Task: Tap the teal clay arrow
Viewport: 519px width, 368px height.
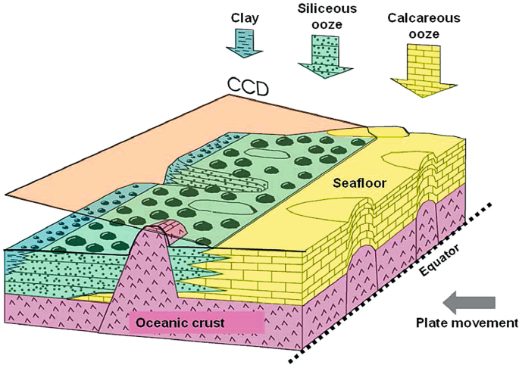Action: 243,41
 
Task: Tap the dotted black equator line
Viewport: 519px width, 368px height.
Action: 394,280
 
